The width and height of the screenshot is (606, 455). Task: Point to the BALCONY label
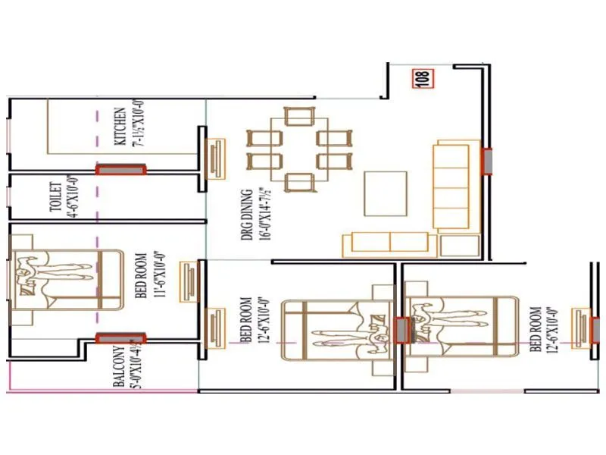(119, 367)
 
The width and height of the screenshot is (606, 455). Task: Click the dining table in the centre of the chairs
(299, 149)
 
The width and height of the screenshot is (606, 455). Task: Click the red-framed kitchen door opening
(120, 170)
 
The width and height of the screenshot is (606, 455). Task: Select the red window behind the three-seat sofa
(487, 161)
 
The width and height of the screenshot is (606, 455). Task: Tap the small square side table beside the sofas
(460, 246)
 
